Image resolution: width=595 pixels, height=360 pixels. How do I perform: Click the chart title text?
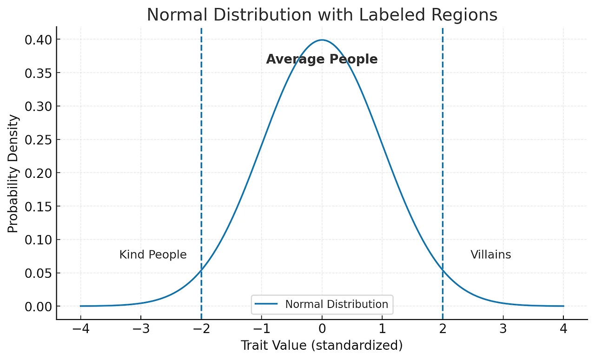pyautogui.click(x=322, y=15)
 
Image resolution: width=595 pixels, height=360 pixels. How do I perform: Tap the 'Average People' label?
pyautogui.click(x=322, y=59)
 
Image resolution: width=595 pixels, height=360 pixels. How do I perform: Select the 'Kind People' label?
pyautogui.click(x=153, y=255)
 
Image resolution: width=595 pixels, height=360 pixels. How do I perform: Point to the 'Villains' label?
pyautogui.click(x=490, y=255)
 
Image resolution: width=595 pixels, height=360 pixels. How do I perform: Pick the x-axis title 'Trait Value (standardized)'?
pyautogui.click(x=321, y=346)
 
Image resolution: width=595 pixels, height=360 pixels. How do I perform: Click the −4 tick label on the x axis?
pyautogui.click(x=80, y=330)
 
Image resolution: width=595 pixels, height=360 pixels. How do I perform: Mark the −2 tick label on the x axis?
pyautogui.click(x=201, y=330)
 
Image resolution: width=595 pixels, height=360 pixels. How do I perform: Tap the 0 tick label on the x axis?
pyautogui.click(x=322, y=330)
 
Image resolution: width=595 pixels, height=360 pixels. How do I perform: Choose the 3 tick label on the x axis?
pyautogui.click(x=503, y=330)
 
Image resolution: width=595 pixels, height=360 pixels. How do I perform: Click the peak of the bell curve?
pyautogui.click(x=322, y=40)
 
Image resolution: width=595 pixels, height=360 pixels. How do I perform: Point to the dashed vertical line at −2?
pyautogui.click(x=201, y=139)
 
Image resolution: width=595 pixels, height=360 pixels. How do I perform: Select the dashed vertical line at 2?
pyautogui.click(x=443, y=139)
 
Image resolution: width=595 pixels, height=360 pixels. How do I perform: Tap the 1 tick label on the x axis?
pyautogui.click(x=382, y=330)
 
